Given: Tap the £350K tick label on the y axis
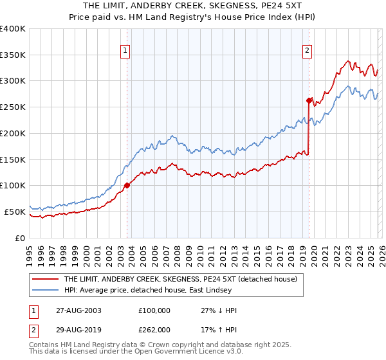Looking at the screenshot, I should click(13, 55).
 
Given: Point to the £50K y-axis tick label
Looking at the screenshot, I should click(15, 212).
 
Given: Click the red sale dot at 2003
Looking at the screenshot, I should click(127, 185).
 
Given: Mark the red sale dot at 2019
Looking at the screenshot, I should click(309, 100).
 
